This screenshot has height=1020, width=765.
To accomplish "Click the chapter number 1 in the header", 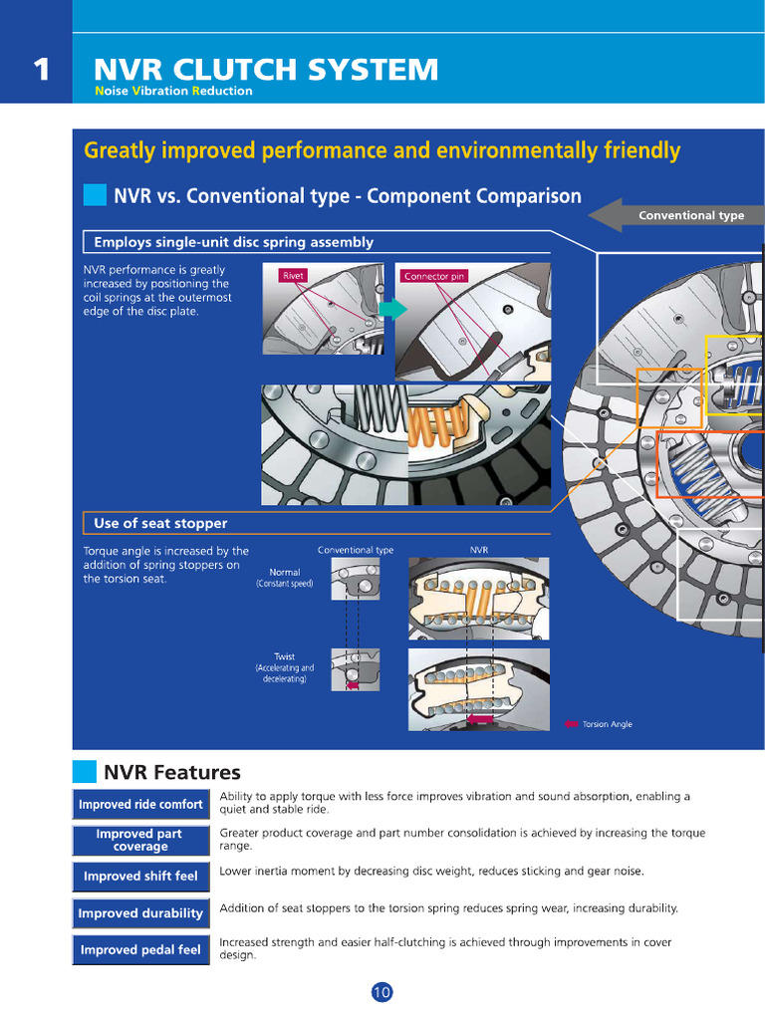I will point(40,70).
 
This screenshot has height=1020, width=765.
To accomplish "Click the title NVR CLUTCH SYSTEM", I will point(265,70).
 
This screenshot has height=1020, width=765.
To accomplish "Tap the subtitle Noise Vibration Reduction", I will point(173,92).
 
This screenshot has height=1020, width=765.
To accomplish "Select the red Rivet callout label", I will point(294,276).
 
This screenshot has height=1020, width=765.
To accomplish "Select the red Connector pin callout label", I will point(434,276).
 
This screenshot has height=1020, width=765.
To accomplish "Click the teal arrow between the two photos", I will point(392,309).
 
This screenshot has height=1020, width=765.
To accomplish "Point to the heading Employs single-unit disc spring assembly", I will point(233,242).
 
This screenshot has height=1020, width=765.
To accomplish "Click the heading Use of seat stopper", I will point(160,523).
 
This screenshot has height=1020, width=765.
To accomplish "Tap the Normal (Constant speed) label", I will point(284,578).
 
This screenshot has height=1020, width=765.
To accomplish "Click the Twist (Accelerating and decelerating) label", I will point(284,667).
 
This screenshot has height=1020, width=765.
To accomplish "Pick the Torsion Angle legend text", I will point(607,724).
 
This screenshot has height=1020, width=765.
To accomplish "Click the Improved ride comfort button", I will point(140,804).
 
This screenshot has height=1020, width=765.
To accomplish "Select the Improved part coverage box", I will point(140,840).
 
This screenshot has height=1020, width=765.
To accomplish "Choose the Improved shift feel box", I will point(140,877).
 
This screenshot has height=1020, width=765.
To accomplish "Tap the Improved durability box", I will point(140,913).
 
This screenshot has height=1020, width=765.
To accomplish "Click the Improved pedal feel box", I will point(140,949).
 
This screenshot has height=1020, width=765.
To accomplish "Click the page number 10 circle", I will point(382,992).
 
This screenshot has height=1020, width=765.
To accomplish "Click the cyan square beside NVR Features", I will point(85,772).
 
